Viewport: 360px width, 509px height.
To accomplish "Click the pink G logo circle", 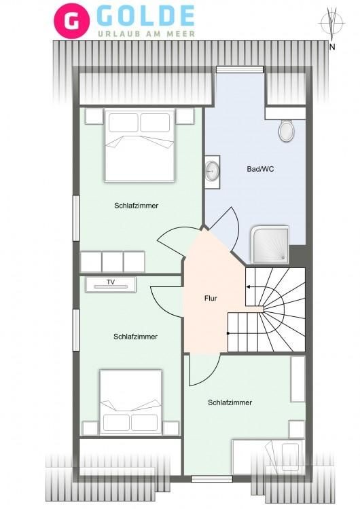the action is pos(72,21).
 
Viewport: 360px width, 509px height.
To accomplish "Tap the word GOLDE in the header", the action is pos(145,16).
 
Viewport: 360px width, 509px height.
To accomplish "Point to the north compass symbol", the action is pos(332,23).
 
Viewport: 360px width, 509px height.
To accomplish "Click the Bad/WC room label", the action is pos(260,169).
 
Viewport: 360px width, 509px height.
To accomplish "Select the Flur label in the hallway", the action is pos(211,298).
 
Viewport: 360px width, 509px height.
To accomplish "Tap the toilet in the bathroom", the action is pos(286,130).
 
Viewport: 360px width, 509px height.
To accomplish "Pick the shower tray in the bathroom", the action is pos(270,244).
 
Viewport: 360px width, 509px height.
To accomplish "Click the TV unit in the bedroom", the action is pos(111,284).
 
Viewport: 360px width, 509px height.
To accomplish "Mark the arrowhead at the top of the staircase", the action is pos(248,286).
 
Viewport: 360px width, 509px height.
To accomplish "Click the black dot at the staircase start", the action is pos(228,333).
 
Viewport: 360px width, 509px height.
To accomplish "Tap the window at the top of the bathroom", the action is pos(240,69).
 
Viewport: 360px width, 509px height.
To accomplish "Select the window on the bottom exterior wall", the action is pos(211,479).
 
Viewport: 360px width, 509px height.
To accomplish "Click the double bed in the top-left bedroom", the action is pos(140,146).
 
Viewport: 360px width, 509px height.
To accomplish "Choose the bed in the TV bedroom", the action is pos(130,402).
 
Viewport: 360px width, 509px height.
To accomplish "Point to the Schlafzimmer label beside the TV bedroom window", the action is pos(135,337).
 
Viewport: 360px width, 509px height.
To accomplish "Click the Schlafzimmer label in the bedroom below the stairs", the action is pos(230,402).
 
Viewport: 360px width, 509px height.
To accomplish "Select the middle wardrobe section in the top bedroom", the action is pos(113,262).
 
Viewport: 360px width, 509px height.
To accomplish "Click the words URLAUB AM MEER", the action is pos(147,34).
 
